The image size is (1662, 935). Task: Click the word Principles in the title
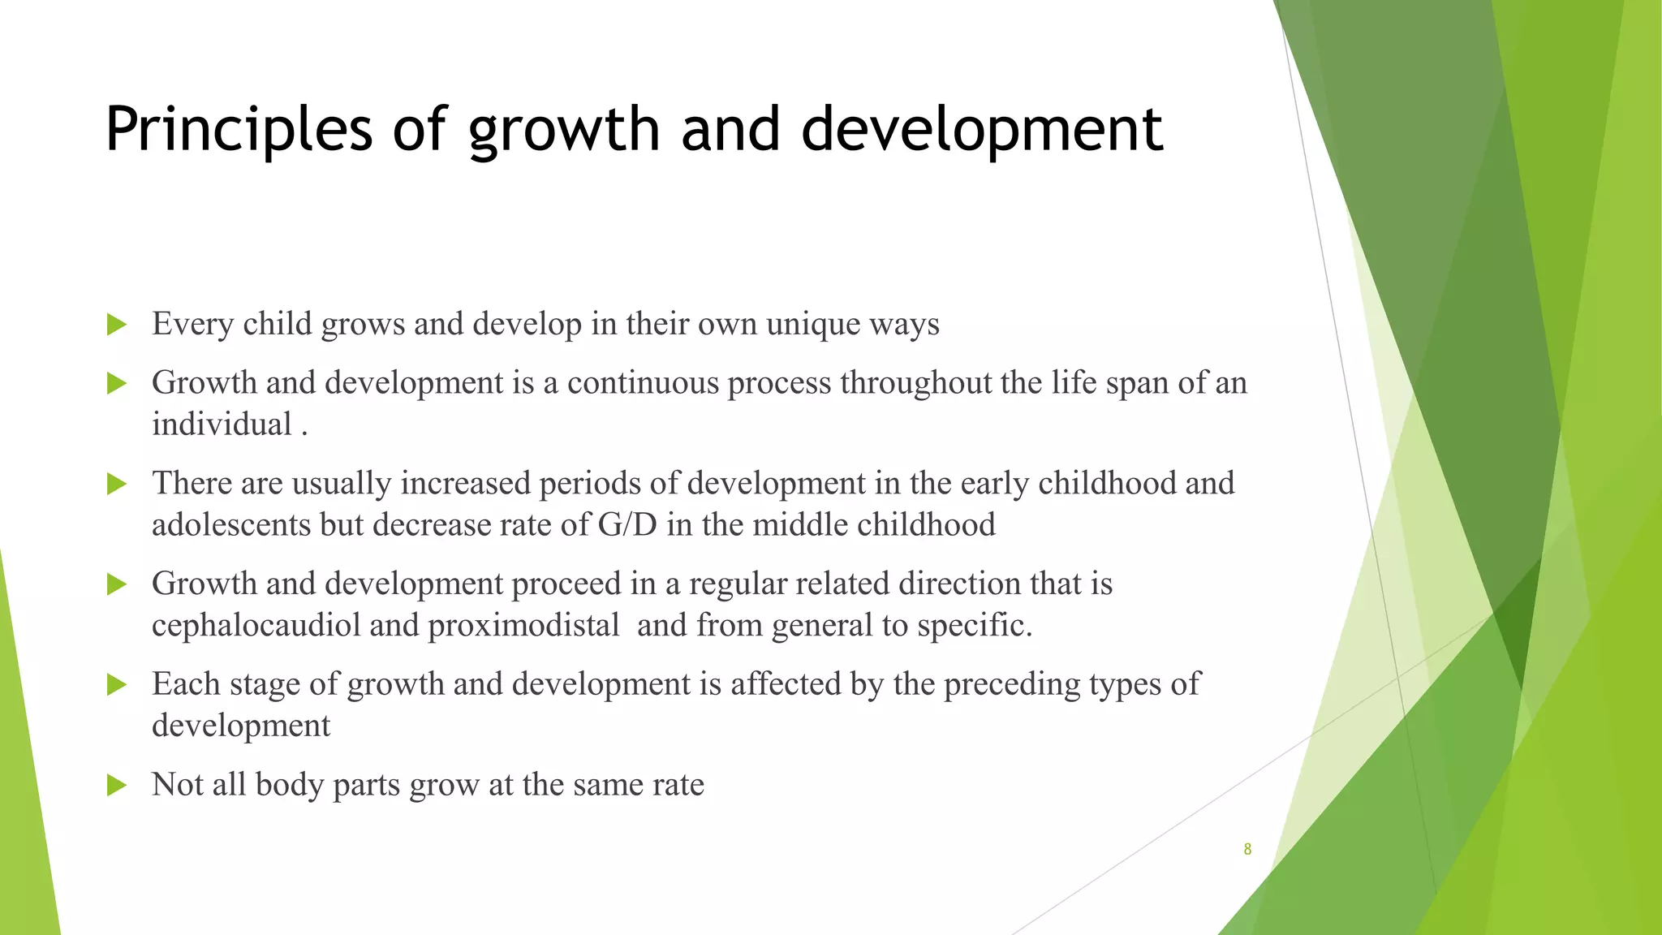pos(238,130)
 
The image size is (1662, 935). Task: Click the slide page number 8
pos(1247,850)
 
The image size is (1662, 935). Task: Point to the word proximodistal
pos(523,626)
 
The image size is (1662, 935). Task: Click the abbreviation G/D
pos(626,525)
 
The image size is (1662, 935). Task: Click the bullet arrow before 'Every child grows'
pos(117,325)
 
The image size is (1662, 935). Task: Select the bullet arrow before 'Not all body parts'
pos(117,785)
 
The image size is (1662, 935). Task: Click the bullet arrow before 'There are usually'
pos(117,484)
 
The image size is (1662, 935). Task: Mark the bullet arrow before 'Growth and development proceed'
pos(117,584)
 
